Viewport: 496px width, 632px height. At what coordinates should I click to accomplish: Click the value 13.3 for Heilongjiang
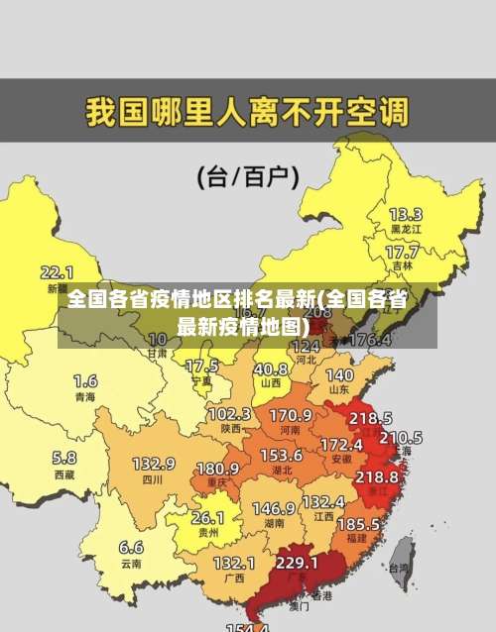coord(405,214)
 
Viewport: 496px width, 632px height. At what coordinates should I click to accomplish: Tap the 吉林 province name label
coord(402,266)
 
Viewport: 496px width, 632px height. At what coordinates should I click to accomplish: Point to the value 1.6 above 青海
coord(85,380)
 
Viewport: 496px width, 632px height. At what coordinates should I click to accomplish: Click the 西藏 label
coord(63,474)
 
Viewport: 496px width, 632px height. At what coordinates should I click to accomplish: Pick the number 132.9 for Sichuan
coord(154,464)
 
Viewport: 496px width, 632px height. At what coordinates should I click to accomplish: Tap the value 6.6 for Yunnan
coord(131,547)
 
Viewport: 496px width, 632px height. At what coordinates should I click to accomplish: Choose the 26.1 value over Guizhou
coord(207,517)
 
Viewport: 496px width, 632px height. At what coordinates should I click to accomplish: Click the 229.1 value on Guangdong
coord(297,563)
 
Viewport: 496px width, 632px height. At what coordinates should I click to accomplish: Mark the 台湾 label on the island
coord(399,569)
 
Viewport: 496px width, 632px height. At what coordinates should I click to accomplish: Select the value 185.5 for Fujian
coord(358,523)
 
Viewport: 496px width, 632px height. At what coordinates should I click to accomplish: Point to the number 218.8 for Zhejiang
coord(377,476)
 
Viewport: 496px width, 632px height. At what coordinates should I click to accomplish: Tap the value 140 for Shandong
coord(339,375)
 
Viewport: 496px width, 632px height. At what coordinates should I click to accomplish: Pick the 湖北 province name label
coord(282,471)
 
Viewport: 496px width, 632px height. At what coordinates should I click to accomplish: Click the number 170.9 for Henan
coord(291,414)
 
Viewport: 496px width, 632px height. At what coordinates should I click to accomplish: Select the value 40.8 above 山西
coord(270,369)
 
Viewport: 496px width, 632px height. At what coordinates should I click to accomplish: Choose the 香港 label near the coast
coord(320,596)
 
